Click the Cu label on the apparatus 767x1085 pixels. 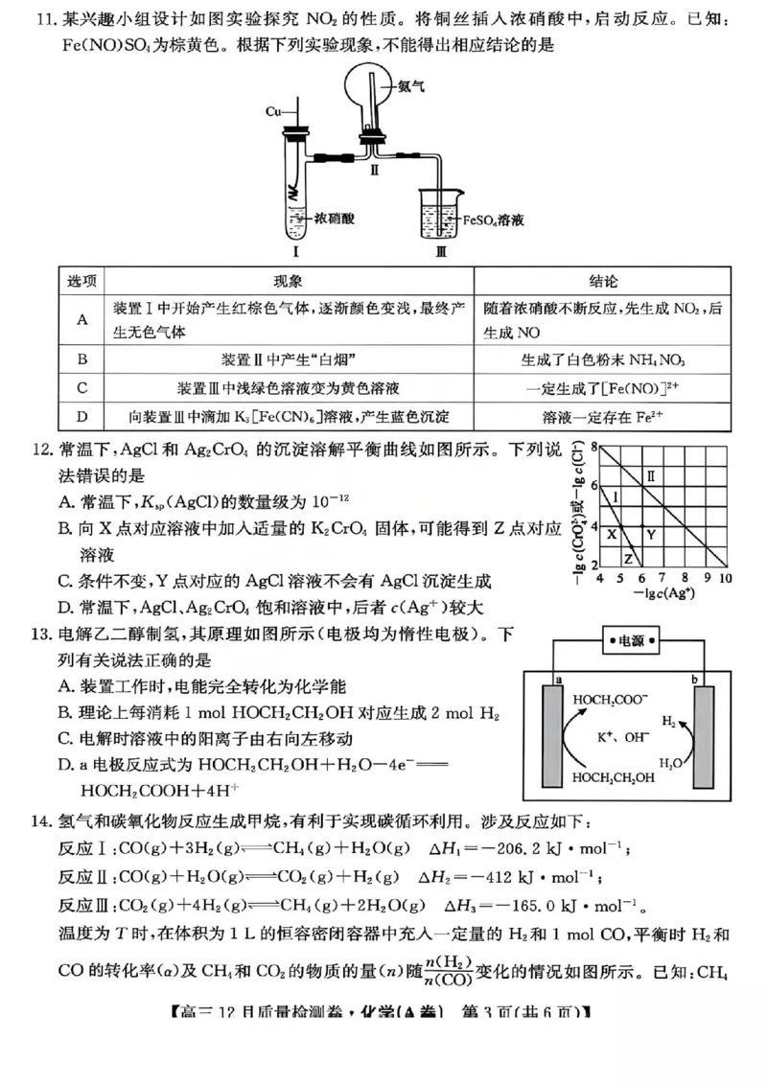point(273,111)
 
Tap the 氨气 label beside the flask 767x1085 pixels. point(410,87)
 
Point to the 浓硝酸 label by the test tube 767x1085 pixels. point(335,218)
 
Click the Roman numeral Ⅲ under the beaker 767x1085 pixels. point(441,254)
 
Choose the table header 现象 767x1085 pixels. point(288,281)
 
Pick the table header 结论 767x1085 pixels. point(602,281)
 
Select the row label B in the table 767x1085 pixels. point(82,359)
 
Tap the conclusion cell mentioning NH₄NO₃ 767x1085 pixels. point(602,359)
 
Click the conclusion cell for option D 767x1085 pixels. point(602,417)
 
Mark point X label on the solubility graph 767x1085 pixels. point(611,534)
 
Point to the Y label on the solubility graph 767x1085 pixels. point(649,534)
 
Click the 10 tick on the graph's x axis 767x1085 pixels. point(725,580)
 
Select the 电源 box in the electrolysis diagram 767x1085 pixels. point(632,642)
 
